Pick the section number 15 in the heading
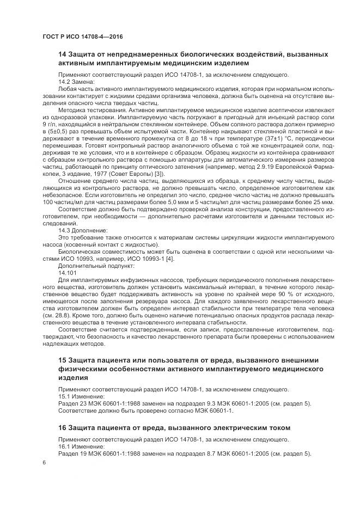(63, 360)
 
